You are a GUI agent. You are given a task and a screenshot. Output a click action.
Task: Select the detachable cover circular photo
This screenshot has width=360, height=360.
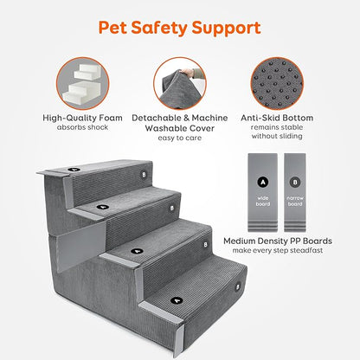click(179, 87)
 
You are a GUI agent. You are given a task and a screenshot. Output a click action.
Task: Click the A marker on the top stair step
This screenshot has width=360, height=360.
click(74, 170)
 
